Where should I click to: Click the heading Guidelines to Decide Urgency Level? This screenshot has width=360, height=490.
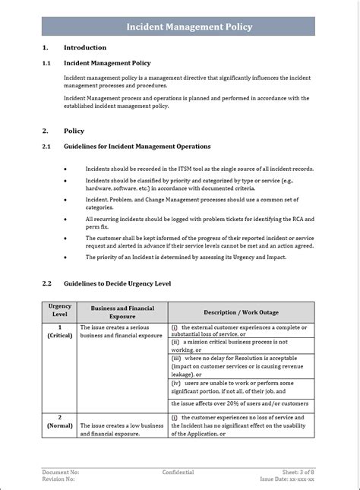(x=118, y=283)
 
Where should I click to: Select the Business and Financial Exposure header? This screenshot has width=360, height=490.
(x=122, y=312)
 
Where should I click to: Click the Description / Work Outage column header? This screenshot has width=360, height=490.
(x=241, y=312)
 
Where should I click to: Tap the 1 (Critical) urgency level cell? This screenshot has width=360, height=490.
(x=60, y=330)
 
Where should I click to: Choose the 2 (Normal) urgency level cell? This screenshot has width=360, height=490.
(x=60, y=422)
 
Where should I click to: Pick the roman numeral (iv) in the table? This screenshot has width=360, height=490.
(x=175, y=382)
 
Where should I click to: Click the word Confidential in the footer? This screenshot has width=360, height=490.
(x=178, y=473)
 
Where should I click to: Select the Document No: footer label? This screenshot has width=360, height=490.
(x=60, y=473)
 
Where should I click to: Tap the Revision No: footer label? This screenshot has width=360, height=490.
(x=58, y=479)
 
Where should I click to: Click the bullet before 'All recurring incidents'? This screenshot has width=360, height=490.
(x=65, y=219)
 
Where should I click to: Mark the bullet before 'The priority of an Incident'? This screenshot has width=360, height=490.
(x=65, y=257)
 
